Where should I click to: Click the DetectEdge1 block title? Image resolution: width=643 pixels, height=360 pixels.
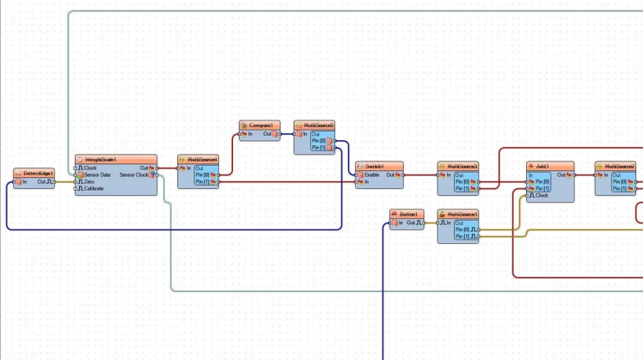(x=34, y=173)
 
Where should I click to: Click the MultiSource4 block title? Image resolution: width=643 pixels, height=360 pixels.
(x=199, y=159)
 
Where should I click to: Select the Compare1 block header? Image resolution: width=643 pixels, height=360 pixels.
(x=260, y=125)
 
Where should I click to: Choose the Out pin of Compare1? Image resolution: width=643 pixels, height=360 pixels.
(x=268, y=134)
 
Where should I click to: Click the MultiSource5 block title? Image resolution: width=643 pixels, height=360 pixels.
(x=314, y=125)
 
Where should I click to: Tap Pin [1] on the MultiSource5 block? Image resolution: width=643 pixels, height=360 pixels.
(x=319, y=148)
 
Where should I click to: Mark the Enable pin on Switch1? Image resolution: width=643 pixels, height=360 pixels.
(x=374, y=174)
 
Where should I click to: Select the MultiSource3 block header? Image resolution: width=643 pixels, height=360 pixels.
(x=457, y=166)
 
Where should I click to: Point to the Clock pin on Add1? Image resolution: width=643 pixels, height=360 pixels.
(x=542, y=196)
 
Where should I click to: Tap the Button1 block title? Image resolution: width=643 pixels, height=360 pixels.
(x=407, y=214)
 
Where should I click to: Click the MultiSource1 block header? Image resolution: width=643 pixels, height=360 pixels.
(x=457, y=214)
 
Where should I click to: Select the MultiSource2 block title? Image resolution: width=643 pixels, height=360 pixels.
(x=615, y=166)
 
